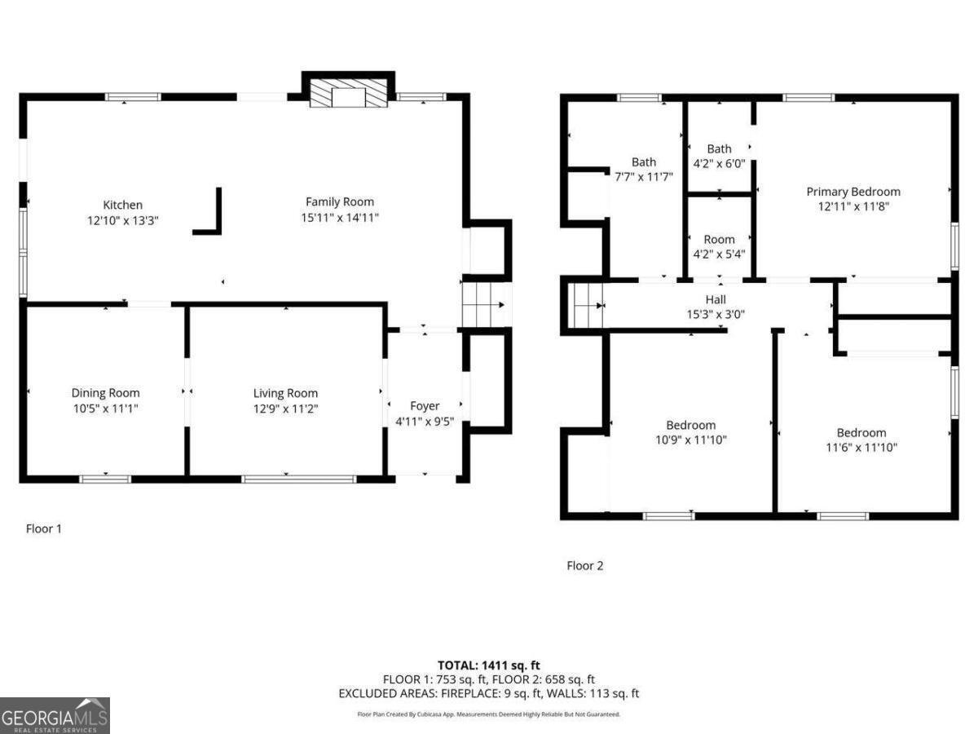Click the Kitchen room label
coord(122,205)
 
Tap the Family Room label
coord(340,202)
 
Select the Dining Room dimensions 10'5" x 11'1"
coord(106,409)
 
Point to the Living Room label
coord(285,393)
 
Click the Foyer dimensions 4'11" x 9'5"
coord(425,421)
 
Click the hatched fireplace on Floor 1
coord(349,93)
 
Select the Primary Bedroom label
coord(853,192)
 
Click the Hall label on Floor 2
coord(716,299)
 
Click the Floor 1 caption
coord(44,528)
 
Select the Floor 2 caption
coord(584,565)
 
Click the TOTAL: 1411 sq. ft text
coord(489,665)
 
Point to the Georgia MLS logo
coord(55,715)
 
